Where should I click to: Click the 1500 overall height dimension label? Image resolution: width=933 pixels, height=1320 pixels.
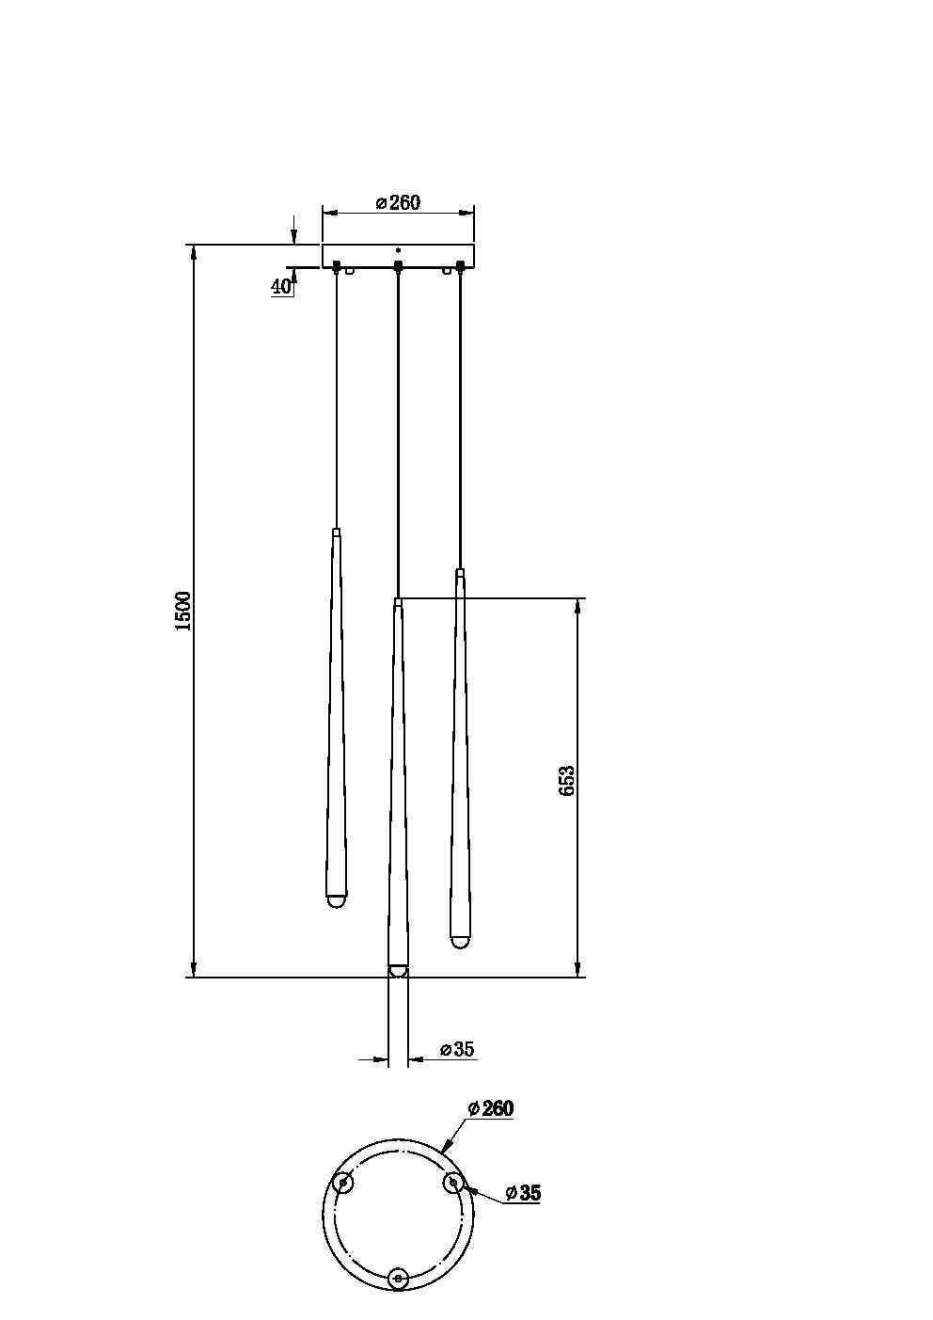[183, 611]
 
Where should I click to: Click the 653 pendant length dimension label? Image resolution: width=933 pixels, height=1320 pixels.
[567, 781]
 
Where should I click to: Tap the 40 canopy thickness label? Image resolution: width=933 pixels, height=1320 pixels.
[281, 287]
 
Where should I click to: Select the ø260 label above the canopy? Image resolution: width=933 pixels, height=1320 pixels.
[398, 202]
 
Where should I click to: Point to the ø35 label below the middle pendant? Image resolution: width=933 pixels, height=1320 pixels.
[457, 1050]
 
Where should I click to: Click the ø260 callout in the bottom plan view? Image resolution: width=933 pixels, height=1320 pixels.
[491, 1108]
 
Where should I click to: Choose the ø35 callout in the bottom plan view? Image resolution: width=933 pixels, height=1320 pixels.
[523, 1193]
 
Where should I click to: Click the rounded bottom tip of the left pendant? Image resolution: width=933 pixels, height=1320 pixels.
[335, 900]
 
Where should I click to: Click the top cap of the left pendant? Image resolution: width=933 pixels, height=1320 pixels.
[336, 533]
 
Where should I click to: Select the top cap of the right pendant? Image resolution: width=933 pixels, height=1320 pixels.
[459, 572]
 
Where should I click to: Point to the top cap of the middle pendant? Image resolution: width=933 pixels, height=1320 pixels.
[398, 600]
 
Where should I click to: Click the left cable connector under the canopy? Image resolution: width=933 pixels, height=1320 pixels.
[336, 266]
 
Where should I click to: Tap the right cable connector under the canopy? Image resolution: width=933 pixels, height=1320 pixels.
[460, 266]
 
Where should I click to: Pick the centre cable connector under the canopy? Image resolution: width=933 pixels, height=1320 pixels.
[398, 266]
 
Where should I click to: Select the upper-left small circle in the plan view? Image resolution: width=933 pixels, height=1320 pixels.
[344, 1183]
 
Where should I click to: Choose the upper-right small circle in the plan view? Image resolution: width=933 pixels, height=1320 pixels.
[453, 1183]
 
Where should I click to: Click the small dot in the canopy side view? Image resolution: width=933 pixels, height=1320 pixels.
[398, 251]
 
